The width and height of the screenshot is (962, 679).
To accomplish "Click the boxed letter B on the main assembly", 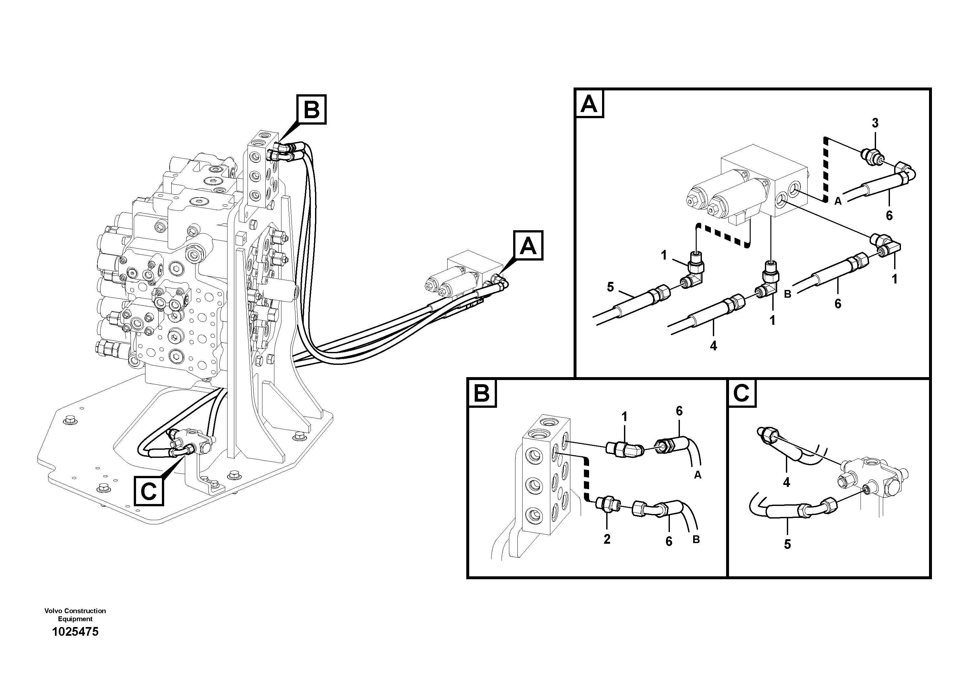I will (x=311, y=110).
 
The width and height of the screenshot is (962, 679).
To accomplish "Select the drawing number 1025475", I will (x=75, y=632).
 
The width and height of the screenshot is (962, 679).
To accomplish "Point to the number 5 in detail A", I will (x=610, y=287).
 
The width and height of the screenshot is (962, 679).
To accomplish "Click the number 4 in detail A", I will (x=714, y=346).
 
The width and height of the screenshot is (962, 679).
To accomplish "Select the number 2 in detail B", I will (x=607, y=540).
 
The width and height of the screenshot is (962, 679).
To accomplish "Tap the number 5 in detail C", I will (x=787, y=545).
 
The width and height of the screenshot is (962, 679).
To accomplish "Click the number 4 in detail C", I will (x=787, y=483).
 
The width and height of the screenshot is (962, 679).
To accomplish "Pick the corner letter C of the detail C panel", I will (x=742, y=394).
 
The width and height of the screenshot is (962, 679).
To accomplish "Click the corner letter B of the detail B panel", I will (x=482, y=394).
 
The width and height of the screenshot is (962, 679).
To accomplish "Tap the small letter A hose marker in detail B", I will (x=698, y=475).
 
